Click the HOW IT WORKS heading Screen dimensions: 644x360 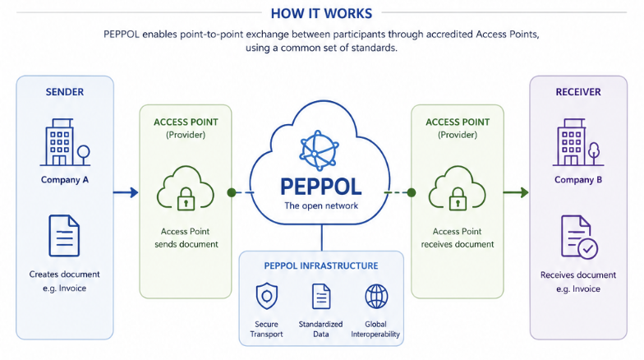322,13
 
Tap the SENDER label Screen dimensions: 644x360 64,92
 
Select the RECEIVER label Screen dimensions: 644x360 578,92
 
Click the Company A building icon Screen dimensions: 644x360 65,142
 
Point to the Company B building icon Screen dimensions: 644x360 578,142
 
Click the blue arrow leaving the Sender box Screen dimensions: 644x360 126,192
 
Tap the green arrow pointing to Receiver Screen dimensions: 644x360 516,192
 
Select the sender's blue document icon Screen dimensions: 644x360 64,235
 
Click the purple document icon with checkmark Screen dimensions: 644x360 579,237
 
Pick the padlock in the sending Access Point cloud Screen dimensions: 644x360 186,199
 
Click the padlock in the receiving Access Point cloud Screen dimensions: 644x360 458,199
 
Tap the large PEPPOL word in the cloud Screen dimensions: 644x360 321,187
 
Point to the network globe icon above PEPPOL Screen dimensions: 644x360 319,150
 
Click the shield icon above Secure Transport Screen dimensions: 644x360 266,296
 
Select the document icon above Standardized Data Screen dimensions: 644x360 321,296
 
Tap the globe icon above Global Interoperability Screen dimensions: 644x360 376,296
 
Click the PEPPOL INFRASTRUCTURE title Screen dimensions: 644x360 321,266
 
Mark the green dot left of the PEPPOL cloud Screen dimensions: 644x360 232,192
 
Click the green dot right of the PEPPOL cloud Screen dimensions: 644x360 411,192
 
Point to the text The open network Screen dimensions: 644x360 321,205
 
